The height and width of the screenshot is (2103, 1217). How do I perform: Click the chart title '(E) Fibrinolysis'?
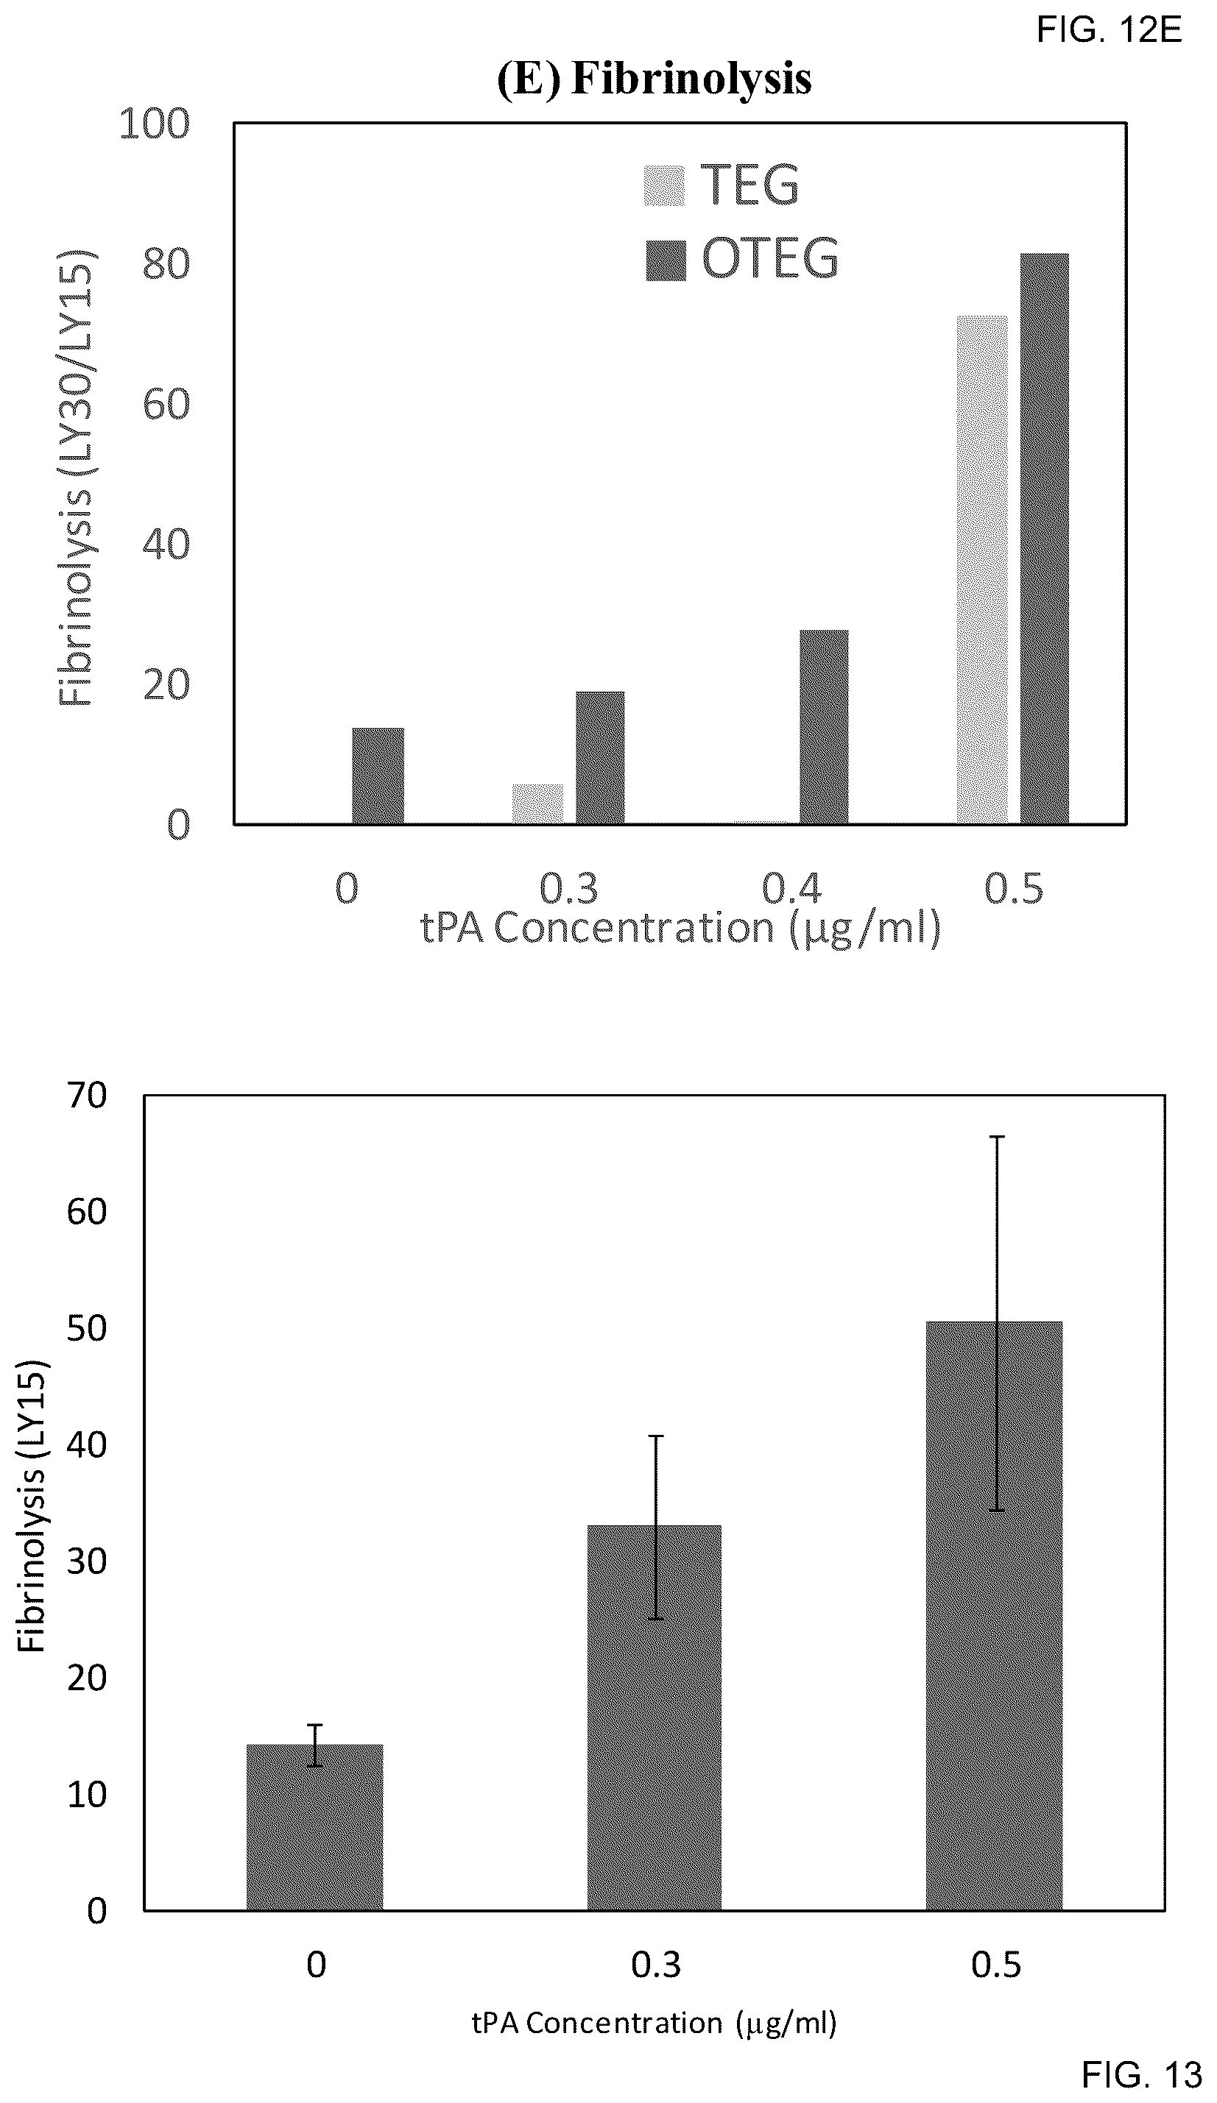[x=654, y=79]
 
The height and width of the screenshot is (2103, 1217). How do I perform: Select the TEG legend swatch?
[x=664, y=185]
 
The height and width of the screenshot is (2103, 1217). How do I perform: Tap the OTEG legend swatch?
[x=666, y=260]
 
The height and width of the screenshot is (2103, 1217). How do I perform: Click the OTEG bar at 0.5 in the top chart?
[x=1044, y=539]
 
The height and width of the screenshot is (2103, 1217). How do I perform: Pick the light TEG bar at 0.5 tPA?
[x=981, y=570]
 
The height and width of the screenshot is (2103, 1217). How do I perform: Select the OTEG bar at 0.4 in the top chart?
[x=824, y=728]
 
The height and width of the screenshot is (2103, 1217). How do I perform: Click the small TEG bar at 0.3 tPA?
[x=537, y=804]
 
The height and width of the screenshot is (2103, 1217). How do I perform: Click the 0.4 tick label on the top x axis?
[x=791, y=889]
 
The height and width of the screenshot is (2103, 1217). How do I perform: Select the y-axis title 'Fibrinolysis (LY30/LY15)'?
[x=77, y=478]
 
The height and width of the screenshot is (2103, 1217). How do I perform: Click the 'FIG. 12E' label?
[x=1110, y=31]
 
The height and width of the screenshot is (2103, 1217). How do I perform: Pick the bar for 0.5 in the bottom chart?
[x=994, y=1606]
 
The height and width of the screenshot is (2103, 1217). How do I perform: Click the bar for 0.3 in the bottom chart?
[x=655, y=1707]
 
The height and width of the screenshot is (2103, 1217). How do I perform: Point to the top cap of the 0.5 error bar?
[x=997, y=1137]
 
